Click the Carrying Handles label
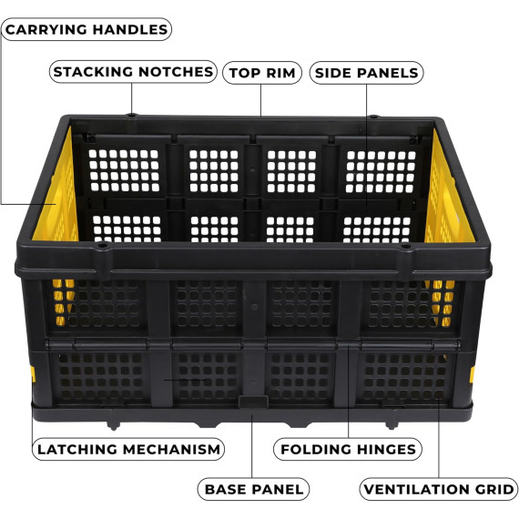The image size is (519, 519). tap(86, 29)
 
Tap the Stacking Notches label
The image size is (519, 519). tap(133, 72)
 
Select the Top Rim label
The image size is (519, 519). tap(262, 73)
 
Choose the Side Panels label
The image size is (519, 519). tap(366, 73)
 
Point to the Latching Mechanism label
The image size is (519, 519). tap(128, 449)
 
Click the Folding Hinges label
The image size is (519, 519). tap(348, 449)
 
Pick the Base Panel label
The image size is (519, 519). tap(253, 489)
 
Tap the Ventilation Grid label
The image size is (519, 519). tap(439, 489)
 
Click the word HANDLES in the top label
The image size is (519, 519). tap(130, 29)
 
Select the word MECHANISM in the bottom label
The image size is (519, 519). tap(171, 450)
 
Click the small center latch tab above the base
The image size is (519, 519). tap(253, 402)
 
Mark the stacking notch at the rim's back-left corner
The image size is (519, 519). tap(132, 116)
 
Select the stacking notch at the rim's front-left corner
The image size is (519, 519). tap(103, 245)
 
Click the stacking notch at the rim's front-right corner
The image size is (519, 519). tap(404, 246)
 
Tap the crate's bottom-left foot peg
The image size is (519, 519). tap(114, 425)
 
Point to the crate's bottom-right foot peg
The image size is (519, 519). tap(392, 425)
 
